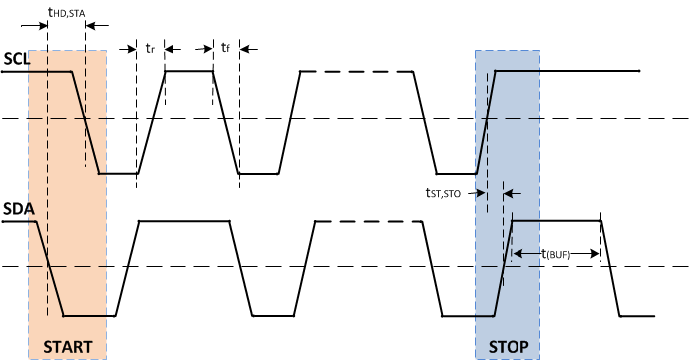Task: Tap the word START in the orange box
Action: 68,346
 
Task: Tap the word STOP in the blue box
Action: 508,346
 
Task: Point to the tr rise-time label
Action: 150,47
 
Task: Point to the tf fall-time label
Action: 226,47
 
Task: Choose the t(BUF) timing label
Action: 557,254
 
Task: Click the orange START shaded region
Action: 68,249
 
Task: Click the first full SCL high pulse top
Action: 189,71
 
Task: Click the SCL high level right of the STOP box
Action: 588,71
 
